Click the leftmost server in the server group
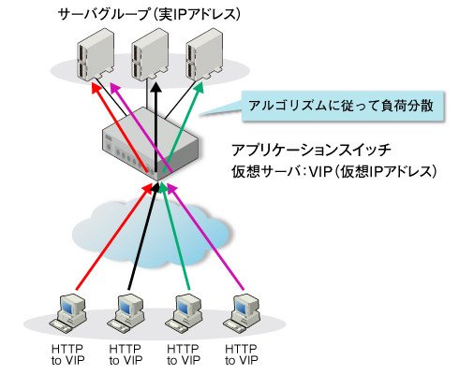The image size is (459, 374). click(x=95, y=54)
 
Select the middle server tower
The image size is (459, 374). click(x=150, y=54)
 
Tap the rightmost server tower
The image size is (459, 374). click(x=204, y=54)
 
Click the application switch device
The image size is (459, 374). click(x=151, y=144)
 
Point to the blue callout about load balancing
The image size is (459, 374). click(x=343, y=107)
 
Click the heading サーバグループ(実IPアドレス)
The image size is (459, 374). click(x=149, y=15)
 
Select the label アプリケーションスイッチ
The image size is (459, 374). click(x=312, y=151)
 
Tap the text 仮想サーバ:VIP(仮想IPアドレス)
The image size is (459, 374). click(x=333, y=171)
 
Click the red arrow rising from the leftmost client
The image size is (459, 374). click(x=114, y=236)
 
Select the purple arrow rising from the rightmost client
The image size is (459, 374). click(x=205, y=237)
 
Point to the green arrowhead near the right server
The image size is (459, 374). click(x=199, y=88)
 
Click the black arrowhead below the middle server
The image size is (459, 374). click(x=155, y=88)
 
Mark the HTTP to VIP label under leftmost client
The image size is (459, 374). click(x=68, y=354)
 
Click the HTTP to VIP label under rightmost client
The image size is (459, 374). click(x=242, y=354)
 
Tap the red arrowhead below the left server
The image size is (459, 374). click(x=96, y=88)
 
